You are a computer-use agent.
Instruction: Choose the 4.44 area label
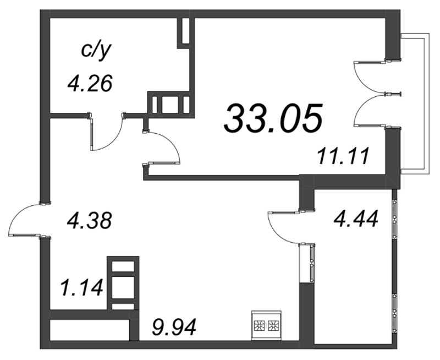(x=356, y=220)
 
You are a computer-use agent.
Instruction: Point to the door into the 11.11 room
(x=165, y=146)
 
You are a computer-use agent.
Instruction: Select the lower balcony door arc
(x=369, y=110)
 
